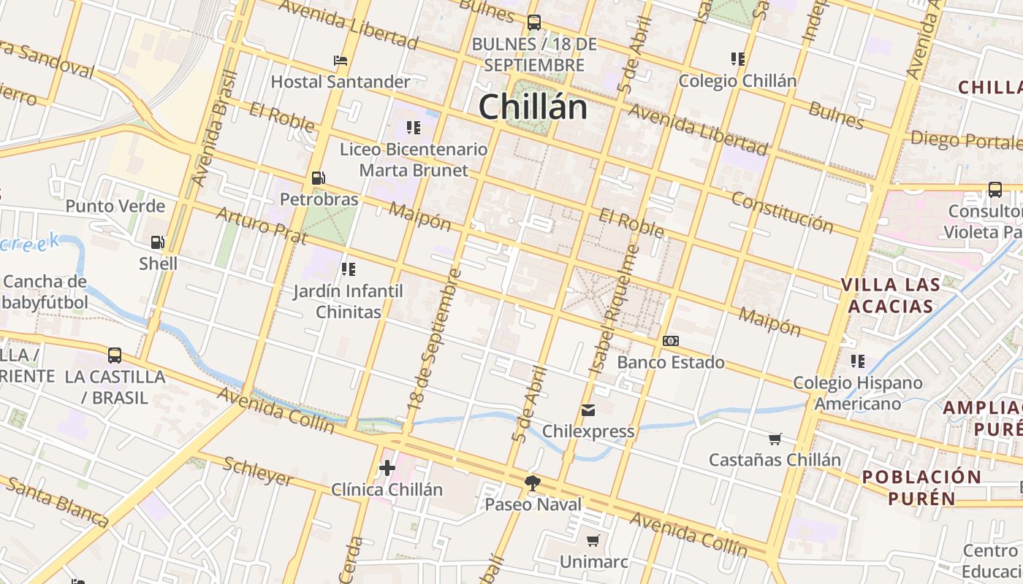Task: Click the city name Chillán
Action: (533, 107)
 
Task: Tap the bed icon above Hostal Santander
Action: (340, 61)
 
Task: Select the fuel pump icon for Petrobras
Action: (318, 178)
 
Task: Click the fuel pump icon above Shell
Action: (157, 242)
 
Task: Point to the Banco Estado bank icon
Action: (670, 341)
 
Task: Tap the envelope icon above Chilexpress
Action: (588, 410)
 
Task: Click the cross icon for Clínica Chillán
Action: (387, 468)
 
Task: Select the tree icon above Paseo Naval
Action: (533, 483)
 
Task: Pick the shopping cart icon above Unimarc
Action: (593, 541)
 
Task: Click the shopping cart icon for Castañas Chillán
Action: (775, 439)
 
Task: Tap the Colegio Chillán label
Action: (737, 81)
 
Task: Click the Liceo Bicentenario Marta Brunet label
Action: (414, 160)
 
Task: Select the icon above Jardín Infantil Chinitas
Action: (349, 269)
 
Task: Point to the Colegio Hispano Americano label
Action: (858, 393)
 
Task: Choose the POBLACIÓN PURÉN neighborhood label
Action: (921, 488)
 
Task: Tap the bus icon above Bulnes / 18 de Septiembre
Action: (534, 23)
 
